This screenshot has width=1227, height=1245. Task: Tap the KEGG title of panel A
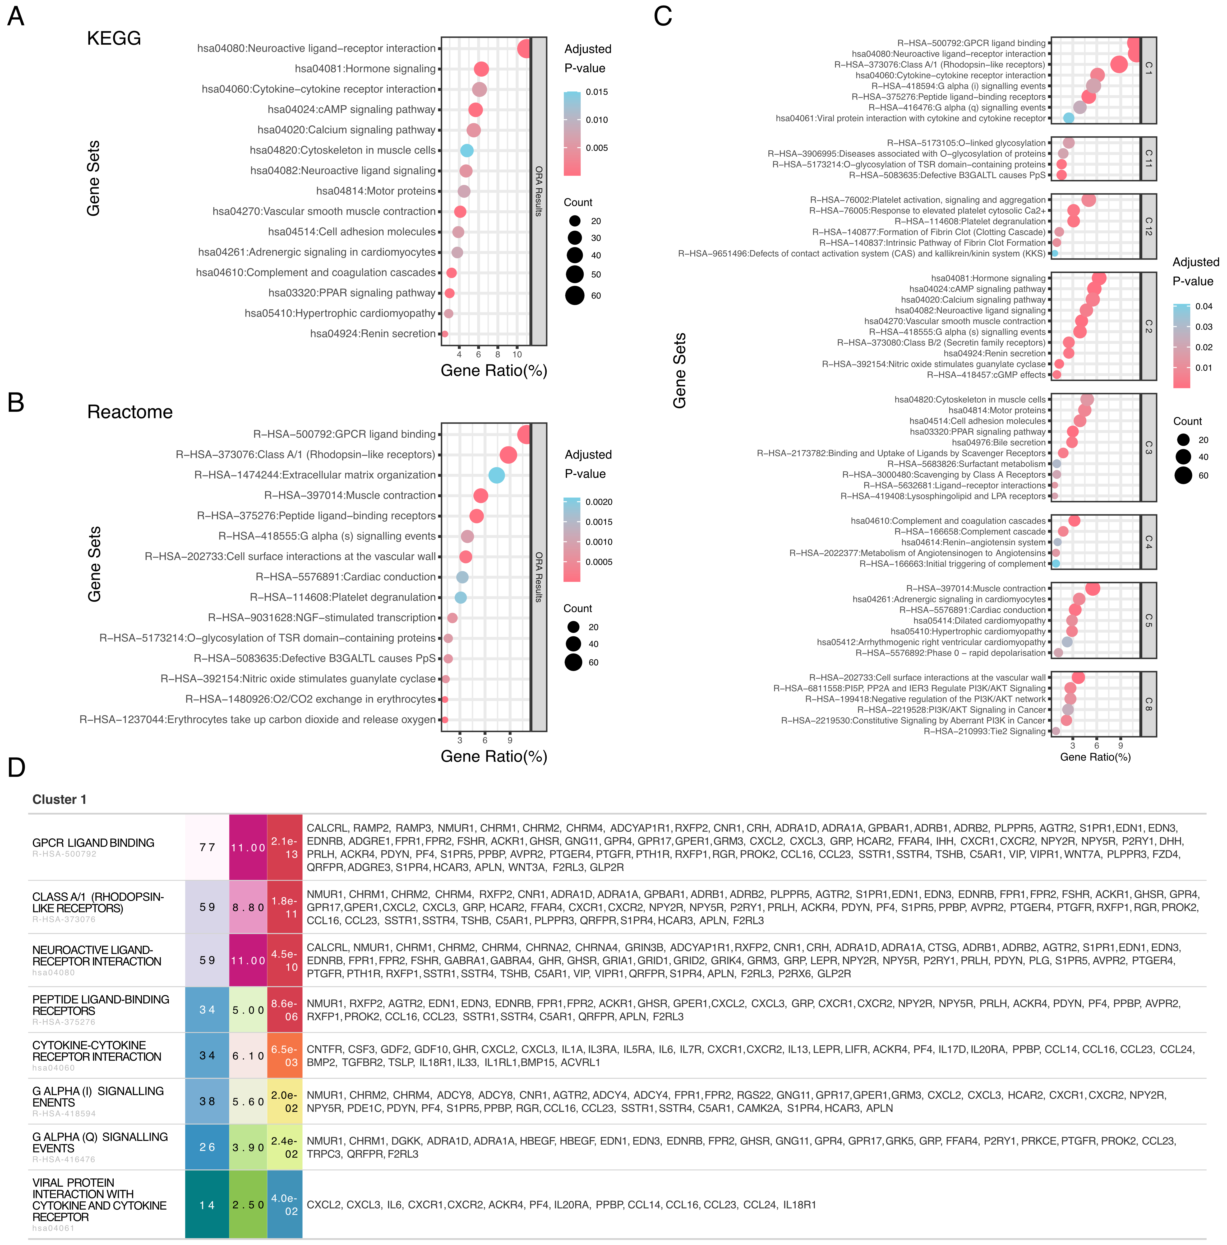point(114,39)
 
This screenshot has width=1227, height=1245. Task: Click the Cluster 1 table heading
point(59,799)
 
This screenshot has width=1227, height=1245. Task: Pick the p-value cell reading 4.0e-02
point(284,1204)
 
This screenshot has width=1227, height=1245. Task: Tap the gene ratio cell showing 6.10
point(248,1056)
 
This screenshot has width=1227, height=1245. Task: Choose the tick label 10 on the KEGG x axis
point(517,354)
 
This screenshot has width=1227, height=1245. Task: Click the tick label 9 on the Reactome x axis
point(510,740)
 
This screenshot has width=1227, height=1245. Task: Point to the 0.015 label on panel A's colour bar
point(597,92)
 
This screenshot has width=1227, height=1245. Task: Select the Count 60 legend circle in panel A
point(575,296)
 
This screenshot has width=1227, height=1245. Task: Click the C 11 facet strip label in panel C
point(1148,158)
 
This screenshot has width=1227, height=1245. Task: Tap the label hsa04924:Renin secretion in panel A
point(372,334)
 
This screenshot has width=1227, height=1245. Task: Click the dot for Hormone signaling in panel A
point(481,69)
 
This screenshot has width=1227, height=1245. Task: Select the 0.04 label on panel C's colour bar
point(1203,307)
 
